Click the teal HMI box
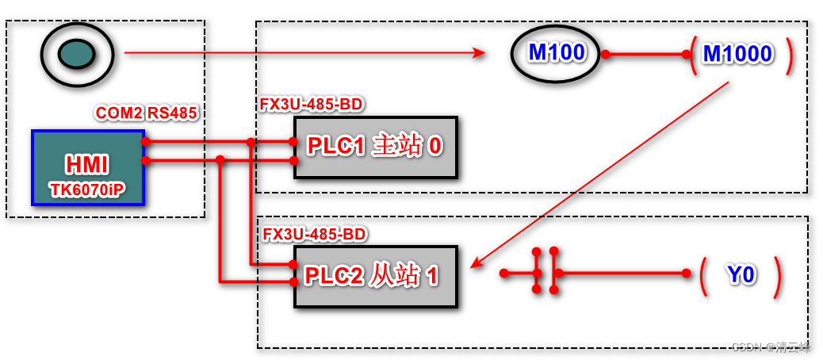(88, 167)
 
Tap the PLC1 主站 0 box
(376, 147)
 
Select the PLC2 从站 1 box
(376, 276)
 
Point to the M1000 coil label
(737, 54)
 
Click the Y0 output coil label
(741, 274)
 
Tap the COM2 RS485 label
(146, 113)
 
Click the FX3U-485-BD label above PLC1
(312, 105)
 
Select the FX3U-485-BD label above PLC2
(314, 235)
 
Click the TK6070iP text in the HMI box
(88, 191)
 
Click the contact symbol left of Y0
(545, 274)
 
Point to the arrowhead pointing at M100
(480, 53)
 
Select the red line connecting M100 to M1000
(646, 55)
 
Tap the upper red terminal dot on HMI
(145, 142)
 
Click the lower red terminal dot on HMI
(145, 160)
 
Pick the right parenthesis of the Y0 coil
(778, 274)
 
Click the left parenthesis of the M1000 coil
(693, 55)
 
